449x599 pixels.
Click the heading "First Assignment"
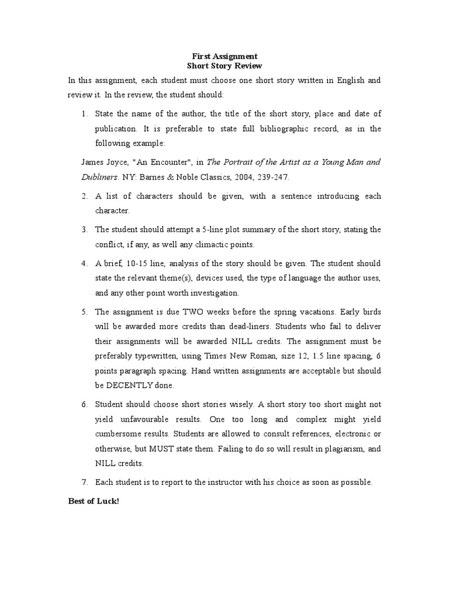coord(224,57)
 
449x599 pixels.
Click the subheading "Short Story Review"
coord(224,67)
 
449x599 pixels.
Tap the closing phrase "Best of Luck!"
coord(94,502)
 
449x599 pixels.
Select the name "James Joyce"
coord(101,162)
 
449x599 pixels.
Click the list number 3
coord(84,229)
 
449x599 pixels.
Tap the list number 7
coord(84,483)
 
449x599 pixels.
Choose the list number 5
coord(84,312)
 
